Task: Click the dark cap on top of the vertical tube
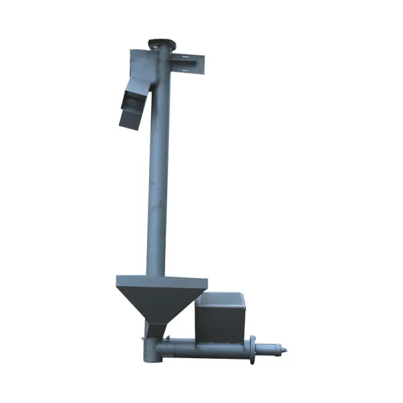[161, 42]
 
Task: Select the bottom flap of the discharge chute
[128, 119]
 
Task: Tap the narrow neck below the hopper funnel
[156, 330]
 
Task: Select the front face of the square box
[218, 321]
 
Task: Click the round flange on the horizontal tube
[253, 349]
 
